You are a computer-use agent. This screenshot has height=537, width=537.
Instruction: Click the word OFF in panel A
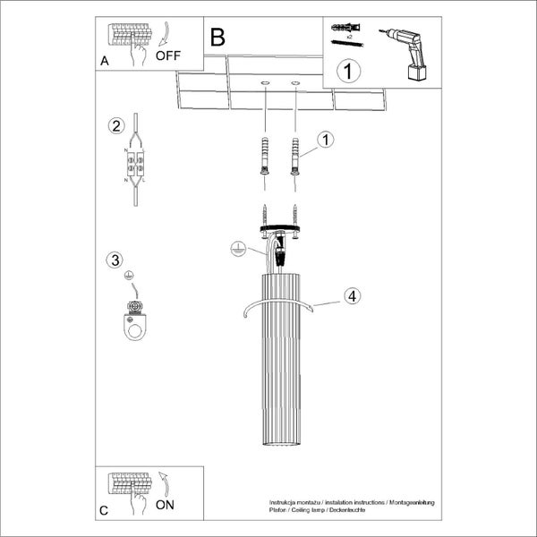click(167, 55)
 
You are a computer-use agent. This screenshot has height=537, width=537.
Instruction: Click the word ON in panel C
click(165, 504)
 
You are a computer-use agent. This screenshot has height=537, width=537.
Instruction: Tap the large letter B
click(217, 38)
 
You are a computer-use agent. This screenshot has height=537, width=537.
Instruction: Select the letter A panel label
click(106, 61)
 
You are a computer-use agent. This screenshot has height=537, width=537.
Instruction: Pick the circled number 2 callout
click(115, 125)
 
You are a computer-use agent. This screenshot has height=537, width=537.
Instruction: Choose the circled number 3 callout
click(114, 260)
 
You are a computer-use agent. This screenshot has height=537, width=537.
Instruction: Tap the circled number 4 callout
click(352, 296)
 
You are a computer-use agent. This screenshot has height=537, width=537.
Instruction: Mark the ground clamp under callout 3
click(135, 323)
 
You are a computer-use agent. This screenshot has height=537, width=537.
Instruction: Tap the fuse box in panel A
click(126, 35)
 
